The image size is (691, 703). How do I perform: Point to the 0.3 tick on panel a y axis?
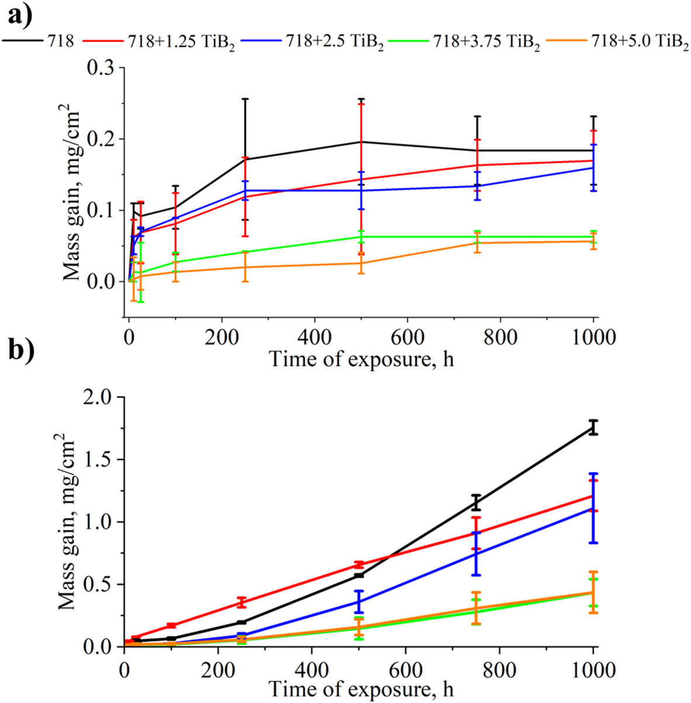pos(105,68)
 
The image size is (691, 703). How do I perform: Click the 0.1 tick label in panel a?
pos(105,211)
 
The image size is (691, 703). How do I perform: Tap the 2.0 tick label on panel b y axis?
pos(103,397)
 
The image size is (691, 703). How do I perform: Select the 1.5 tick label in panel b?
pos(103,460)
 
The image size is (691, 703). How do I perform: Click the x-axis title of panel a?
pos(361,359)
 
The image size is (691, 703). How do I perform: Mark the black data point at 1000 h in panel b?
pos(593,428)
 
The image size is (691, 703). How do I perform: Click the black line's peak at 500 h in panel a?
pos(361,142)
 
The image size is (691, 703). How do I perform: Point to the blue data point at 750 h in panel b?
pos(476,553)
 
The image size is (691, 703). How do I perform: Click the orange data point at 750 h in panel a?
pos(477,243)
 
